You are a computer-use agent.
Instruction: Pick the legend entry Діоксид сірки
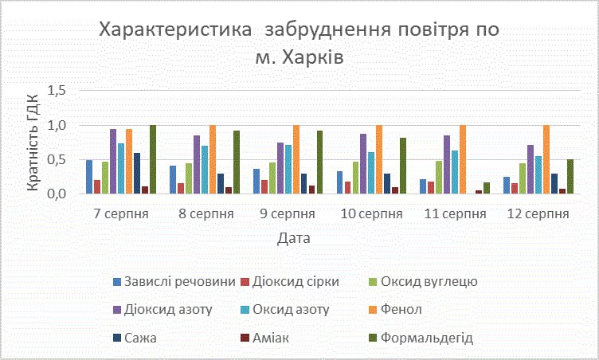[x=297, y=281]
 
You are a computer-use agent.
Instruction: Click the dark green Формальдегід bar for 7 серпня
[x=153, y=159]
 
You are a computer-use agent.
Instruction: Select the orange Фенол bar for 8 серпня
[x=212, y=159]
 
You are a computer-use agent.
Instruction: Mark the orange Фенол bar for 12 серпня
[x=546, y=159]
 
